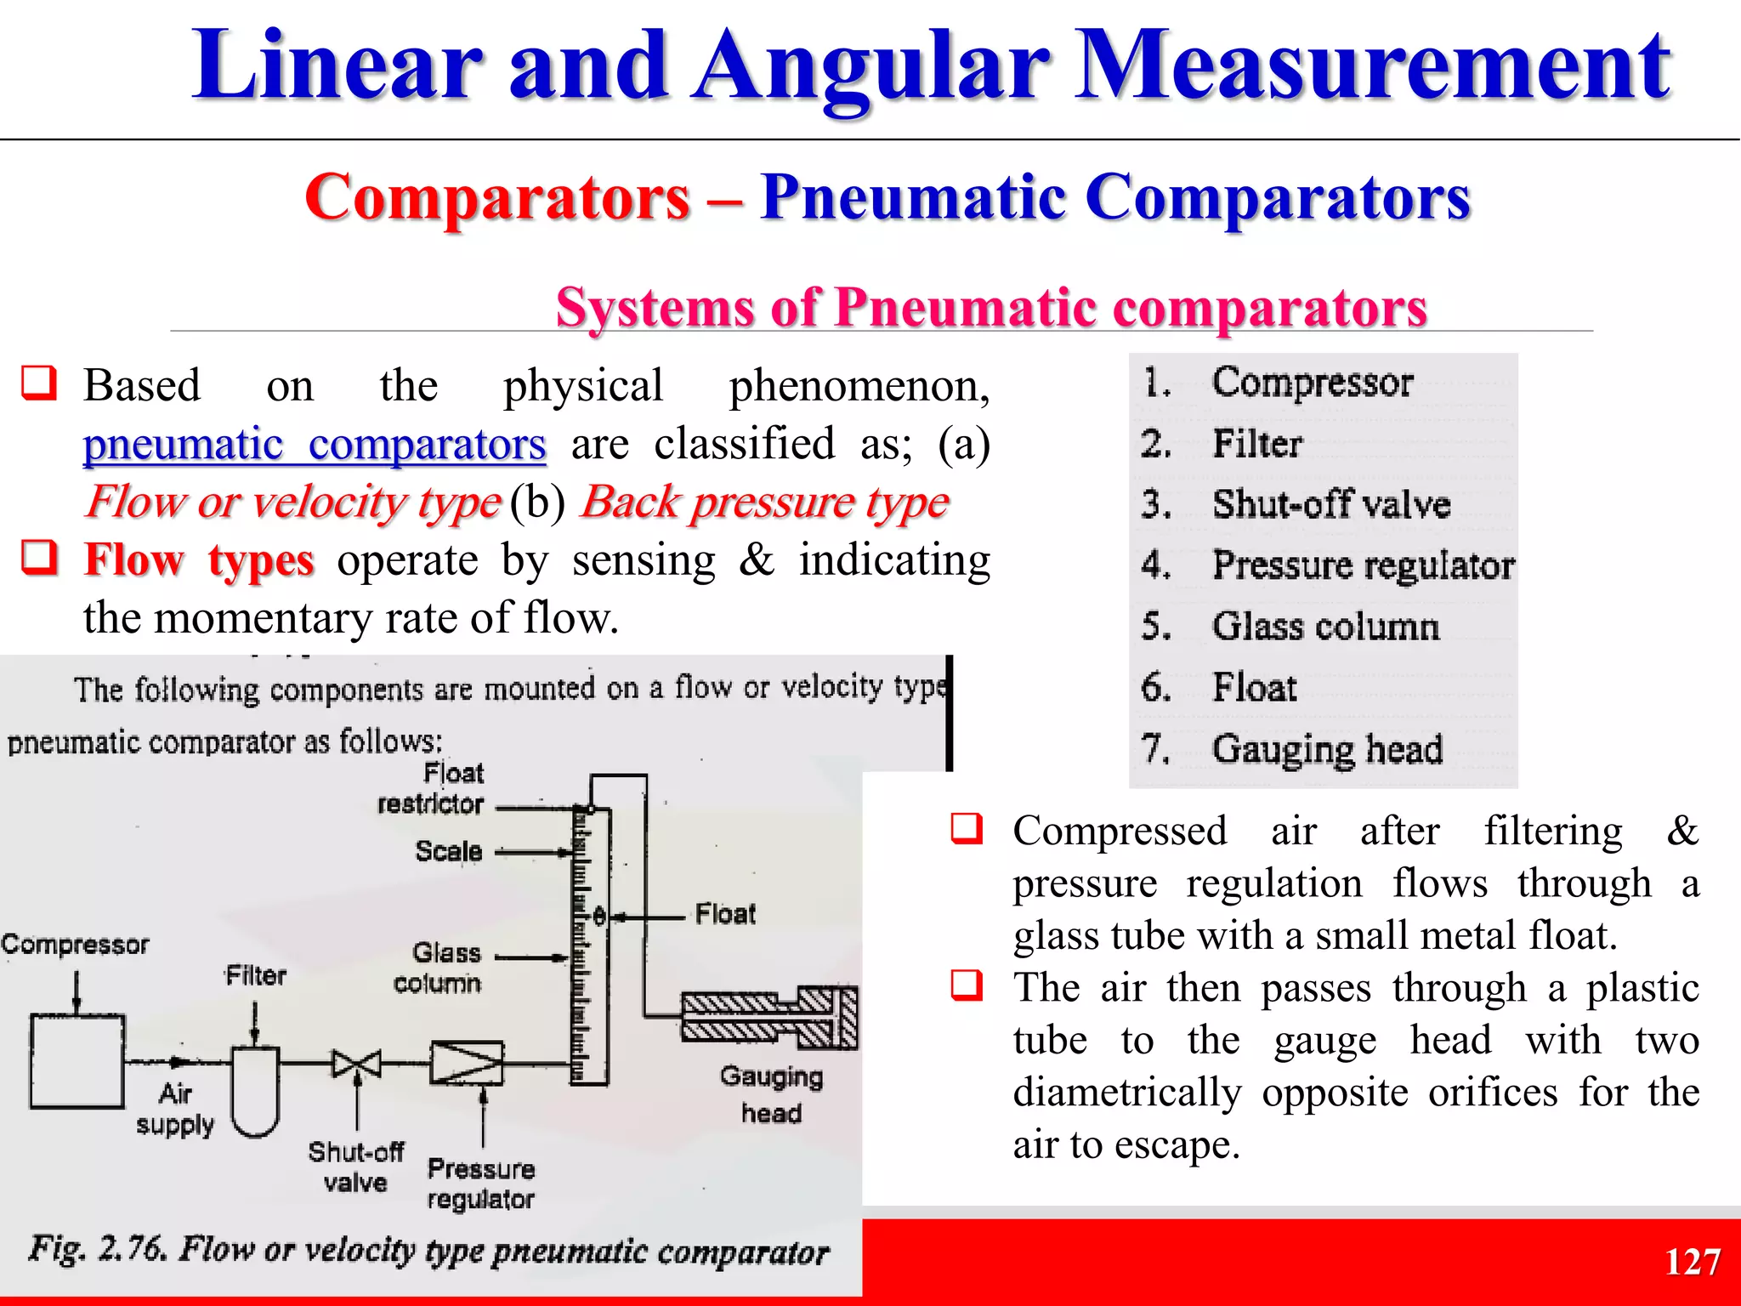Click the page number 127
(1692, 1262)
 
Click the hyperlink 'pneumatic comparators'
(314, 444)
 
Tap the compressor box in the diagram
(77, 1061)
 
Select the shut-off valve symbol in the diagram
(356, 1063)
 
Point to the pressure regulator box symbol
(467, 1063)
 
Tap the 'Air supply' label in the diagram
(175, 1109)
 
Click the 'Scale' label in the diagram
(449, 851)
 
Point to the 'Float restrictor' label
(431, 788)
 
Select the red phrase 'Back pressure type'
(764, 503)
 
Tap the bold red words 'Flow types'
(199, 561)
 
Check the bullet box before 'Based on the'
(39, 383)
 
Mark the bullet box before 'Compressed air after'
(967, 829)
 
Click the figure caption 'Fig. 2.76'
(428, 1251)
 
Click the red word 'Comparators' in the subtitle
(497, 197)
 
